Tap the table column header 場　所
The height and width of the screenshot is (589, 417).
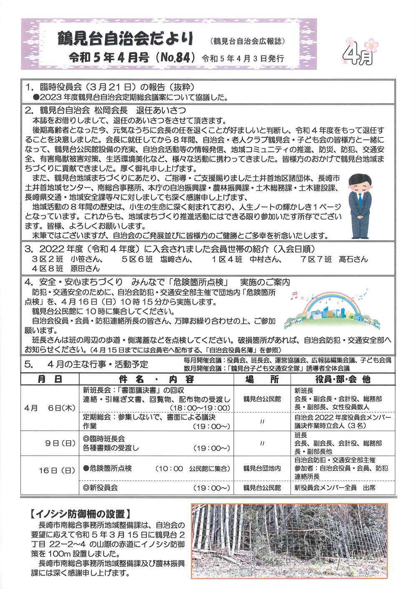261,379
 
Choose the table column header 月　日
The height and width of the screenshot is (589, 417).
50,379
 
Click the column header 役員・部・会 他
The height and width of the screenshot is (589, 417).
343,379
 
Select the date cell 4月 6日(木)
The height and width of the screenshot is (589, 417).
50,408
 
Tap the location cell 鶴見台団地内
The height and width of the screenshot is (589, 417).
262,468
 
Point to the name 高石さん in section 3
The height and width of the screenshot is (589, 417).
353,259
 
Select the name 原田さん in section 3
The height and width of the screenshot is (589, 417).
85,268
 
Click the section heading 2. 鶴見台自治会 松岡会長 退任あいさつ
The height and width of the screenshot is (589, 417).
105,110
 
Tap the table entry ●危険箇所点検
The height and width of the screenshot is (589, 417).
108,468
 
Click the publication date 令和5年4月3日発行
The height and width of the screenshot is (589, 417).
243,58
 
